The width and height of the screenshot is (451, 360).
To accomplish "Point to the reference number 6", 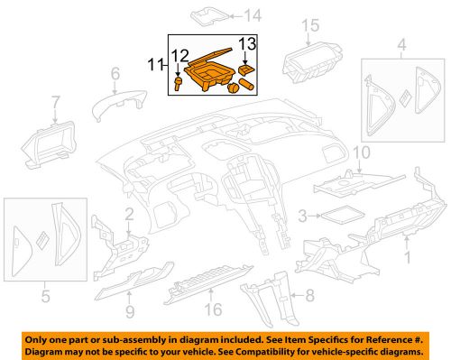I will [115, 73].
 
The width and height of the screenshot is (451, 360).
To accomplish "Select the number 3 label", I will [303, 215].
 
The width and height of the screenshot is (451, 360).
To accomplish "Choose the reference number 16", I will [213, 310].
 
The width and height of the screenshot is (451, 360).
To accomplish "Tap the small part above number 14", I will [206, 14].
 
